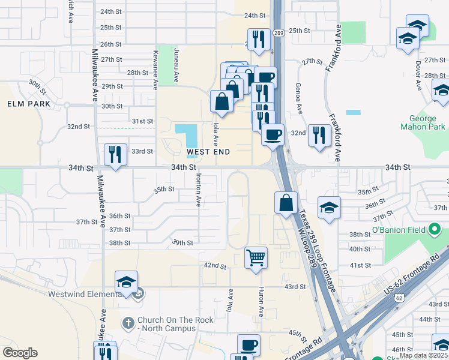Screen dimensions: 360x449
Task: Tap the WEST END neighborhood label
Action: [208, 152]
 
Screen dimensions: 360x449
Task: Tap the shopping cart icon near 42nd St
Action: [256, 258]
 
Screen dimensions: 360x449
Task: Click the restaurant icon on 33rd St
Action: [115, 154]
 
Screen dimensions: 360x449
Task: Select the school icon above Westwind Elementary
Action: [127, 282]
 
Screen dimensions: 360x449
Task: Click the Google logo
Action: [20, 353]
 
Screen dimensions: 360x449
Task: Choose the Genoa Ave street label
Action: [299, 98]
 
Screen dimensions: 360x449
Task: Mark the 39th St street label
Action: [182, 242]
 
